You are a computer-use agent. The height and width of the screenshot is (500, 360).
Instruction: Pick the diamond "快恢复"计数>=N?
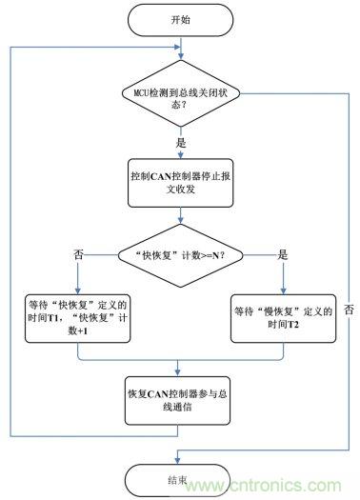click(x=179, y=254)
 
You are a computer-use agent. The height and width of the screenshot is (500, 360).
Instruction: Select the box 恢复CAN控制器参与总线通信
click(x=179, y=398)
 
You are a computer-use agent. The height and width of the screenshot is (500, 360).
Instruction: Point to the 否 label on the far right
click(x=350, y=310)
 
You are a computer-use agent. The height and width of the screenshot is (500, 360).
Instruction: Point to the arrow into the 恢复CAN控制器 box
click(x=179, y=369)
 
